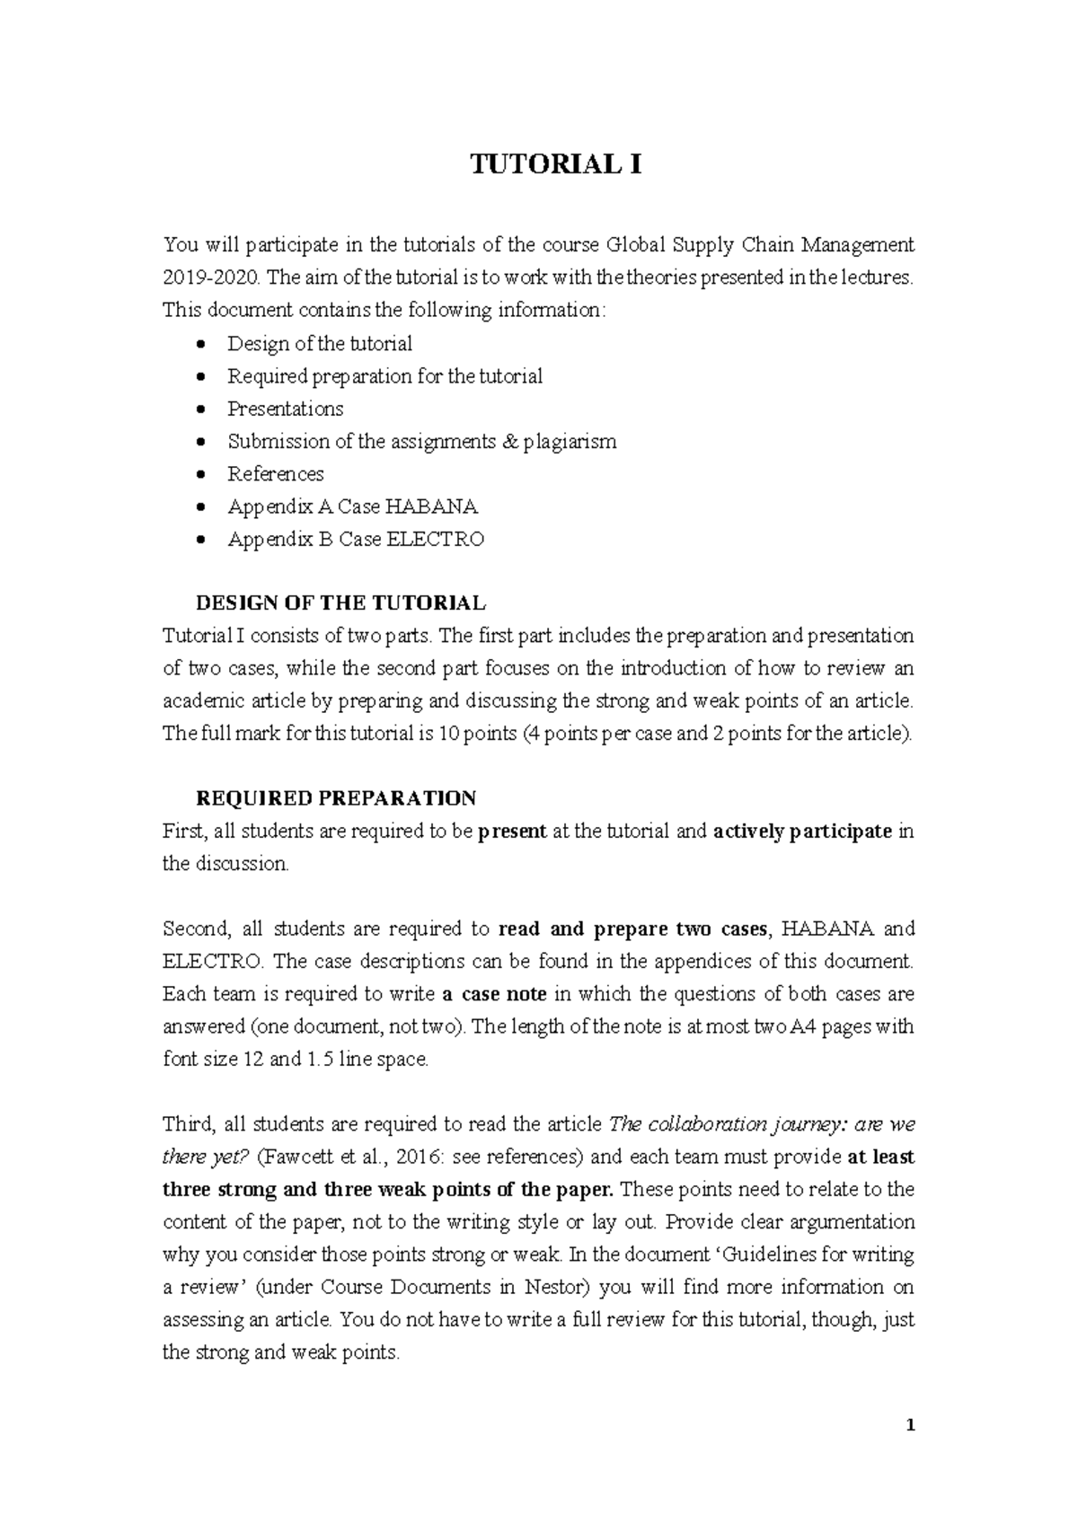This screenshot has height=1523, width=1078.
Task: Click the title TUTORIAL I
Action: coord(557,166)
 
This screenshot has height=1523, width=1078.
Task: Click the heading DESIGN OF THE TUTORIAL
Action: coord(340,603)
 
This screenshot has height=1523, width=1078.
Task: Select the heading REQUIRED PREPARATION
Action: coord(335,798)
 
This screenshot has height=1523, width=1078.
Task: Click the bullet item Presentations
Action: coord(285,409)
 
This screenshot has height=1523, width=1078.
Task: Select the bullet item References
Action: coord(275,474)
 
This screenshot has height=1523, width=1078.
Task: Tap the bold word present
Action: coord(512,832)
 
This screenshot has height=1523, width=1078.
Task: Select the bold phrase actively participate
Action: coord(801,832)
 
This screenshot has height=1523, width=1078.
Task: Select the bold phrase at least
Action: coord(880,1157)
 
